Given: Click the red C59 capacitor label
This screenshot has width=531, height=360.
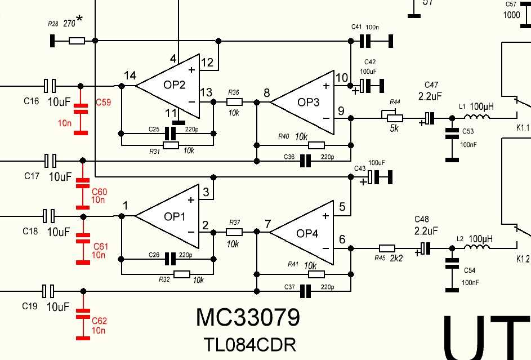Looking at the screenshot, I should coord(103,103).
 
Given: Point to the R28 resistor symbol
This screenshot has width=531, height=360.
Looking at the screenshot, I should coord(77,41).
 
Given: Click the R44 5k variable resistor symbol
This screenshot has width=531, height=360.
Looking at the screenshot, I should coord(396,118).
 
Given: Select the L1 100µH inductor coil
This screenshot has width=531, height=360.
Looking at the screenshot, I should coord(476,118).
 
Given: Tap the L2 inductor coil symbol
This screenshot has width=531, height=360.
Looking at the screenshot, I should coord(476,248).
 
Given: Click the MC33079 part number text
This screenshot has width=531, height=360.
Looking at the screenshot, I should coord(247,318).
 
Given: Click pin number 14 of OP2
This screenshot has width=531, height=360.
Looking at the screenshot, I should coord(130,75).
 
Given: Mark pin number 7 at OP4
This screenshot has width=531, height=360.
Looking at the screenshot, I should coord(267,224).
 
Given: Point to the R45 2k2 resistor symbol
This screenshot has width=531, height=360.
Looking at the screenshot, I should coord(387,248).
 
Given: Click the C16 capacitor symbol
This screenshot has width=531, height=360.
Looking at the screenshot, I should coord(50,86).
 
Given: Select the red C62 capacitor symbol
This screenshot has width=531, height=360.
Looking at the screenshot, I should coord(83,313).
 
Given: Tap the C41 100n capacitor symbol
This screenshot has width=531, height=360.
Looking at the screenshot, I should coord(366,41).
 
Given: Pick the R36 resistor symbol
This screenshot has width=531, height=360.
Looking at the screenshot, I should coord(235,102).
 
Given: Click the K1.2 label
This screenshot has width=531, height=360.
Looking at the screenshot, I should coord(523,259).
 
